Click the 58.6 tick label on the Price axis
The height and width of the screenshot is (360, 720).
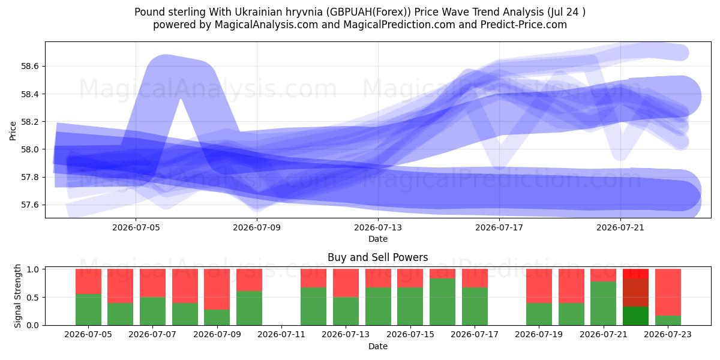coord(29,67)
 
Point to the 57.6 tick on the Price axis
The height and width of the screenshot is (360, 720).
coord(29,205)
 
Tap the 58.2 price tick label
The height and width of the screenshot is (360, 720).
coord(29,122)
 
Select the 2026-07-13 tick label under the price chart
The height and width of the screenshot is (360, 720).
coord(378,227)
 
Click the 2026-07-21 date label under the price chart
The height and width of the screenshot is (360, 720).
coord(620,227)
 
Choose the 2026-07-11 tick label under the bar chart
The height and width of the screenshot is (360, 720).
coord(281,334)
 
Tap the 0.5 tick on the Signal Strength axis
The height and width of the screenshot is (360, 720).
coord(32,298)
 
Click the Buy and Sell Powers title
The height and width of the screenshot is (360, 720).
coord(377,257)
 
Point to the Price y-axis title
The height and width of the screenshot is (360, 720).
coord(13,131)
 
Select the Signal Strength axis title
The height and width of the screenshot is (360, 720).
coord(17,296)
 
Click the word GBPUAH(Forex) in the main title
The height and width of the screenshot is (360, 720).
coord(368,12)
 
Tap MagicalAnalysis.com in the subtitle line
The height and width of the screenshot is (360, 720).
coord(266,25)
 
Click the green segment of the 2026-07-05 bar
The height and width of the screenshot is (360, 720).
coord(88,310)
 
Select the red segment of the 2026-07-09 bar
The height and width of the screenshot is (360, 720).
coord(217,289)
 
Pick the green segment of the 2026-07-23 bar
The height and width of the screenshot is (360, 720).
coord(668,320)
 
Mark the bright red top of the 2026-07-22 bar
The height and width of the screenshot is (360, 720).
coord(635,274)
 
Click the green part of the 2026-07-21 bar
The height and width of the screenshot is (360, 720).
coord(604,304)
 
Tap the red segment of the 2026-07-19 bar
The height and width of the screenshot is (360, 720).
coord(539,286)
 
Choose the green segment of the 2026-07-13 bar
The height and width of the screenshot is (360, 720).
coord(346,311)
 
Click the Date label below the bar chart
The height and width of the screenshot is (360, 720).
coord(377,346)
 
